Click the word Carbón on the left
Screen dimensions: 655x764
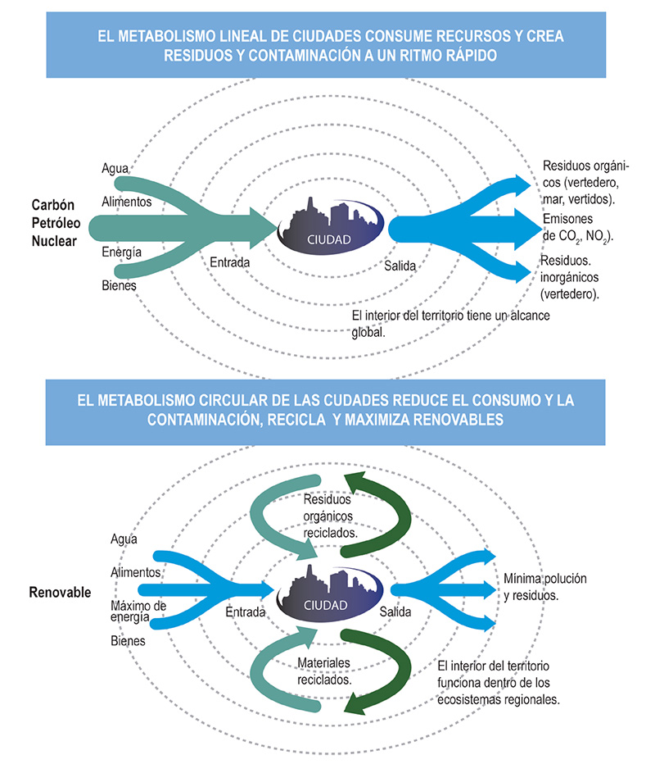(x=53, y=205)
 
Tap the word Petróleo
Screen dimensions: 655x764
(x=56, y=223)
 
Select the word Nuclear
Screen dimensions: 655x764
(x=54, y=241)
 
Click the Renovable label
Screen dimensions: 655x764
(x=60, y=592)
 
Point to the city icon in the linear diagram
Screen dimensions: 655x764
(x=331, y=226)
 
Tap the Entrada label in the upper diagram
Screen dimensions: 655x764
(x=230, y=262)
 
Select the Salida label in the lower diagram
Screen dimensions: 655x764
(x=395, y=612)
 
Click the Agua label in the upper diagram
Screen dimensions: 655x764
(x=115, y=169)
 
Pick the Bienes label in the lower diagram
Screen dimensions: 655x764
(x=128, y=641)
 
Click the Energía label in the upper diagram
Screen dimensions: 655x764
(x=122, y=252)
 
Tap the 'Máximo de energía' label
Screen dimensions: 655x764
(x=138, y=611)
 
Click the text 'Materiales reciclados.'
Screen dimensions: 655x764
(x=324, y=671)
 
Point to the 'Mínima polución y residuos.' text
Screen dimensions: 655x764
(x=545, y=587)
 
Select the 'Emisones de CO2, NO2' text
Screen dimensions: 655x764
(x=578, y=228)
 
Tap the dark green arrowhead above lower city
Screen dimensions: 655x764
(x=355, y=482)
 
